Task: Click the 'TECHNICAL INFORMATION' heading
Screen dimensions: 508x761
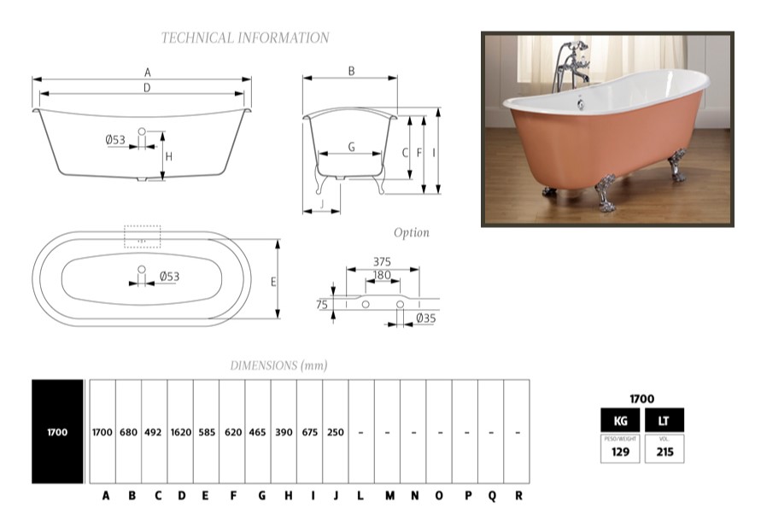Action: point(245,38)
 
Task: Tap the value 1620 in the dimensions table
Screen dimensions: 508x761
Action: point(180,433)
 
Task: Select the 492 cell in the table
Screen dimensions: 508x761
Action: point(155,433)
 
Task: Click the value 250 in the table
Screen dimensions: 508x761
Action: point(336,433)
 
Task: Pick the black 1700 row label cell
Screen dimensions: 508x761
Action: point(57,433)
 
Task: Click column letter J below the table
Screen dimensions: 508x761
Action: point(336,495)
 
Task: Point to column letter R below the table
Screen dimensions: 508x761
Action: point(518,495)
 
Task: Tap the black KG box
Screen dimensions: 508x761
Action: point(621,420)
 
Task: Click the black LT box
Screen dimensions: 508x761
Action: point(664,420)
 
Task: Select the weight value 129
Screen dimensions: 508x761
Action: point(621,452)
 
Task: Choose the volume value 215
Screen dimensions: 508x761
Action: point(664,452)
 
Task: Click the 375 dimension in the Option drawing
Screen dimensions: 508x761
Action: point(383,261)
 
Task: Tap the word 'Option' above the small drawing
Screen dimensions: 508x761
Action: point(411,233)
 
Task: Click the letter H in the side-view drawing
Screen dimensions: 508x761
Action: point(169,156)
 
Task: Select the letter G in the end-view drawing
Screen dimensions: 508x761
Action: point(351,146)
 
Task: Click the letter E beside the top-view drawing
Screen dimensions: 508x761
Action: point(272,282)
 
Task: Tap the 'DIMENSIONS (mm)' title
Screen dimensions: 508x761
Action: point(278,365)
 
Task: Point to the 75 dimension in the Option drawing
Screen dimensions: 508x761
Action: point(321,304)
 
